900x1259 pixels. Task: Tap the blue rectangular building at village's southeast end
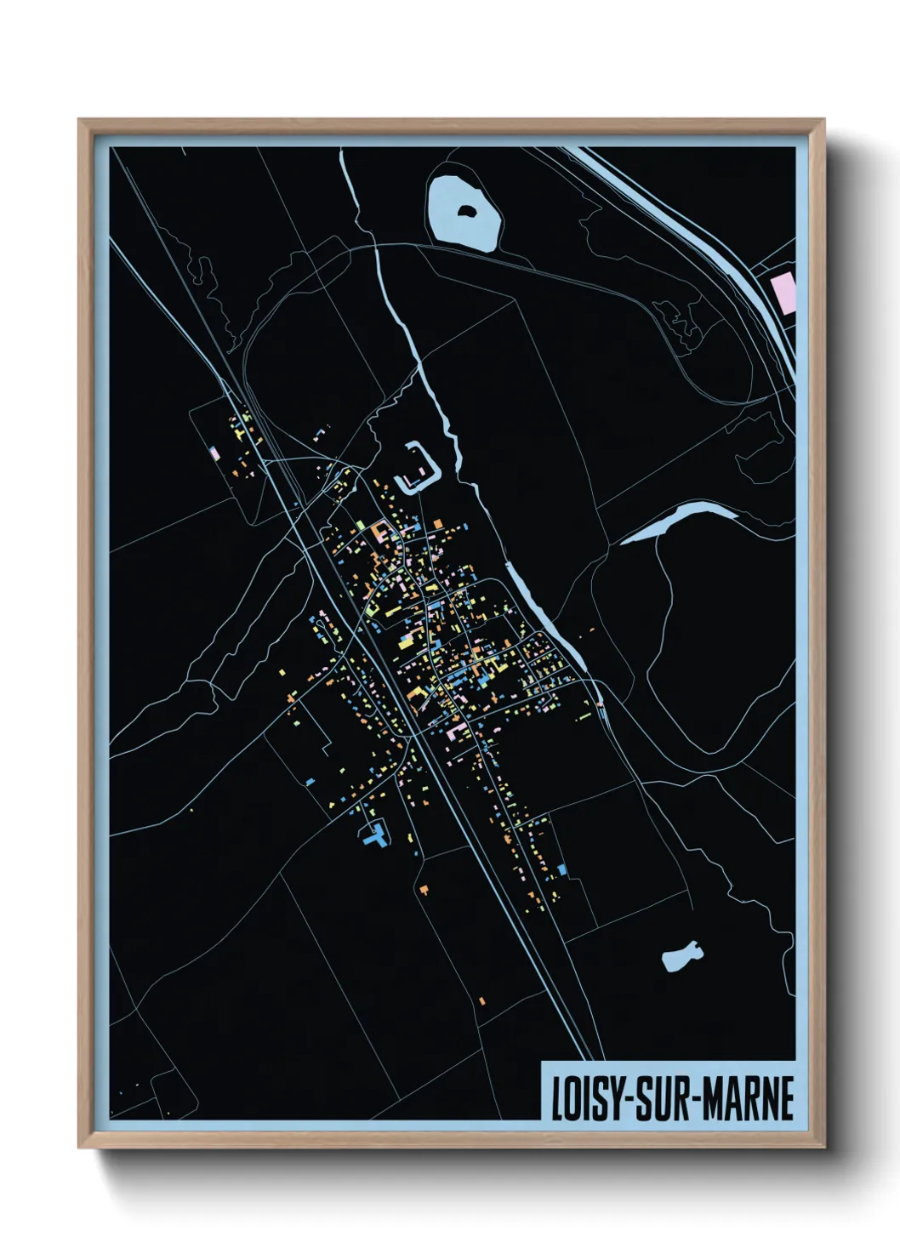tap(561, 869)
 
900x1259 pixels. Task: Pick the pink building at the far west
tap(215, 453)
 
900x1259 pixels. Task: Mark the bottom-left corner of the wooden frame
tap(81, 1146)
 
